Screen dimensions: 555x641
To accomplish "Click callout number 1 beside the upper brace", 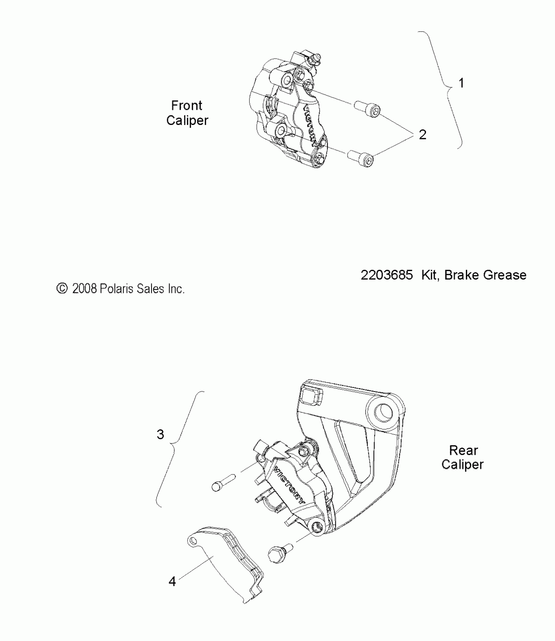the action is (x=461, y=83).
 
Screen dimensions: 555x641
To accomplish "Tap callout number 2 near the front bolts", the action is (x=422, y=134).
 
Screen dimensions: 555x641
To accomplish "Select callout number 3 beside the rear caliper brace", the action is (x=160, y=434).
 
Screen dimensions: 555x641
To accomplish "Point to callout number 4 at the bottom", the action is (x=172, y=581).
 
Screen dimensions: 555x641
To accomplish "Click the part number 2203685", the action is (x=387, y=275).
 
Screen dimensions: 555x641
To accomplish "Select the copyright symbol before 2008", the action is (x=62, y=289).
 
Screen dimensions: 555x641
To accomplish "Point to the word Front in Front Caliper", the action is (x=187, y=106).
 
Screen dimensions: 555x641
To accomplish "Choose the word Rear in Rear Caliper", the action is (x=463, y=450).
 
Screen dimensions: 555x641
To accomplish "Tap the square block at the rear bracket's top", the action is (x=311, y=396).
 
